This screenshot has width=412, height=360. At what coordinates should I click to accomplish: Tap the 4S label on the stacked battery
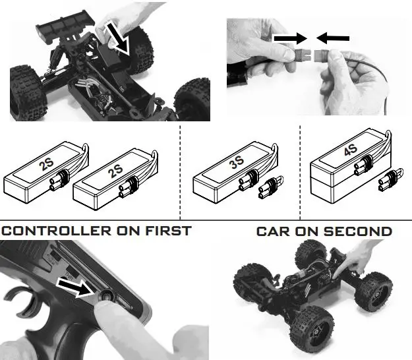point(351,149)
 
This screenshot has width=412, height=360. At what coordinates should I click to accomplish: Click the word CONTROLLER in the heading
point(57,231)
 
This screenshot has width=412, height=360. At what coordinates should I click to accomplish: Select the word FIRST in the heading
point(168,231)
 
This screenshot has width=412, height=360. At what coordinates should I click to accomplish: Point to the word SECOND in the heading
point(357,231)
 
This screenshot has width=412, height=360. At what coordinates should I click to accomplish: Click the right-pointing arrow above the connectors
point(291,38)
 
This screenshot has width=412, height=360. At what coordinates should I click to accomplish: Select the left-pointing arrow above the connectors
point(333,38)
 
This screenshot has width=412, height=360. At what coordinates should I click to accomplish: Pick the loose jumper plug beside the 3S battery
point(271,188)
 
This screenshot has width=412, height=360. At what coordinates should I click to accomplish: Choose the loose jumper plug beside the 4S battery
point(390,180)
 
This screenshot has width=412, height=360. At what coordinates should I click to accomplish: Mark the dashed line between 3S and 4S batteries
point(300,172)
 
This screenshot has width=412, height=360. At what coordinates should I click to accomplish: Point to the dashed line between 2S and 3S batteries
point(180,172)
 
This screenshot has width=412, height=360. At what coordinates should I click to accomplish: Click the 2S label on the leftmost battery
point(46,165)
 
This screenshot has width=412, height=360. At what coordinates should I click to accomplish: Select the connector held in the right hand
point(322,55)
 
